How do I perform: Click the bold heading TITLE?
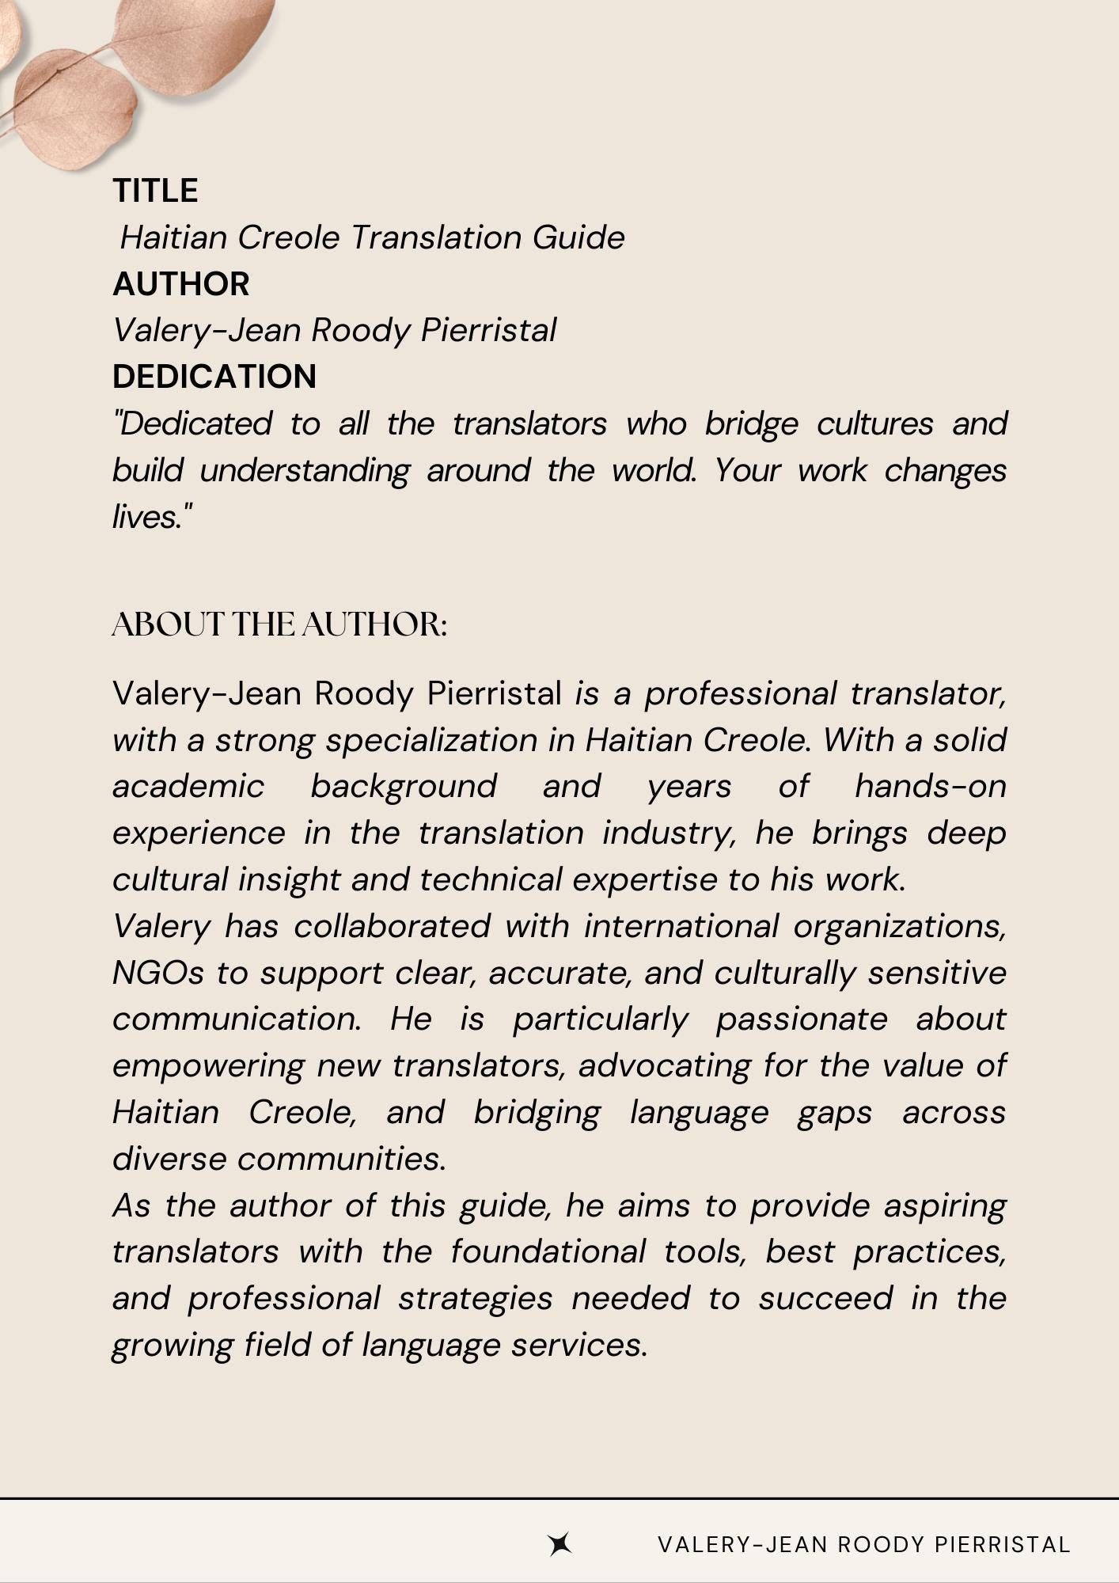[x=155, y=191]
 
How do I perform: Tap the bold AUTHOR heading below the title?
[x=180, y=284]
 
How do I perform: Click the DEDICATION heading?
[x=214, y=377]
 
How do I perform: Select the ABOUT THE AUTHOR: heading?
[x=279, y=624]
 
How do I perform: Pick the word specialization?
[x=432, y=741]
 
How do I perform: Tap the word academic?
[x=188, y=787]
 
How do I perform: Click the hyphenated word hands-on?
[x=930, y=787]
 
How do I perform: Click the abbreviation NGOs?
[x=158, y=974]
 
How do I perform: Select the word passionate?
[x=801, y=1020]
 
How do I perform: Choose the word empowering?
[x=208, y=1067]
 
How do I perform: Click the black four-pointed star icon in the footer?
[x=560, y=1544]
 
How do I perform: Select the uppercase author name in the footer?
[x=863, y=1544]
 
